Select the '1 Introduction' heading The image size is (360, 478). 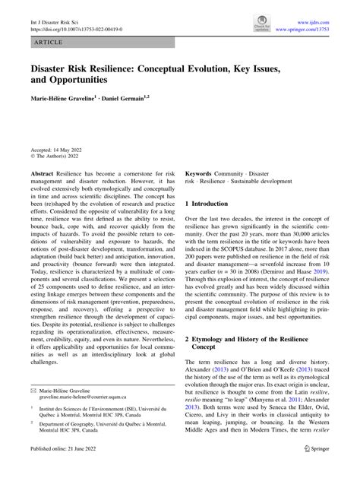(x=212, y=205)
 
